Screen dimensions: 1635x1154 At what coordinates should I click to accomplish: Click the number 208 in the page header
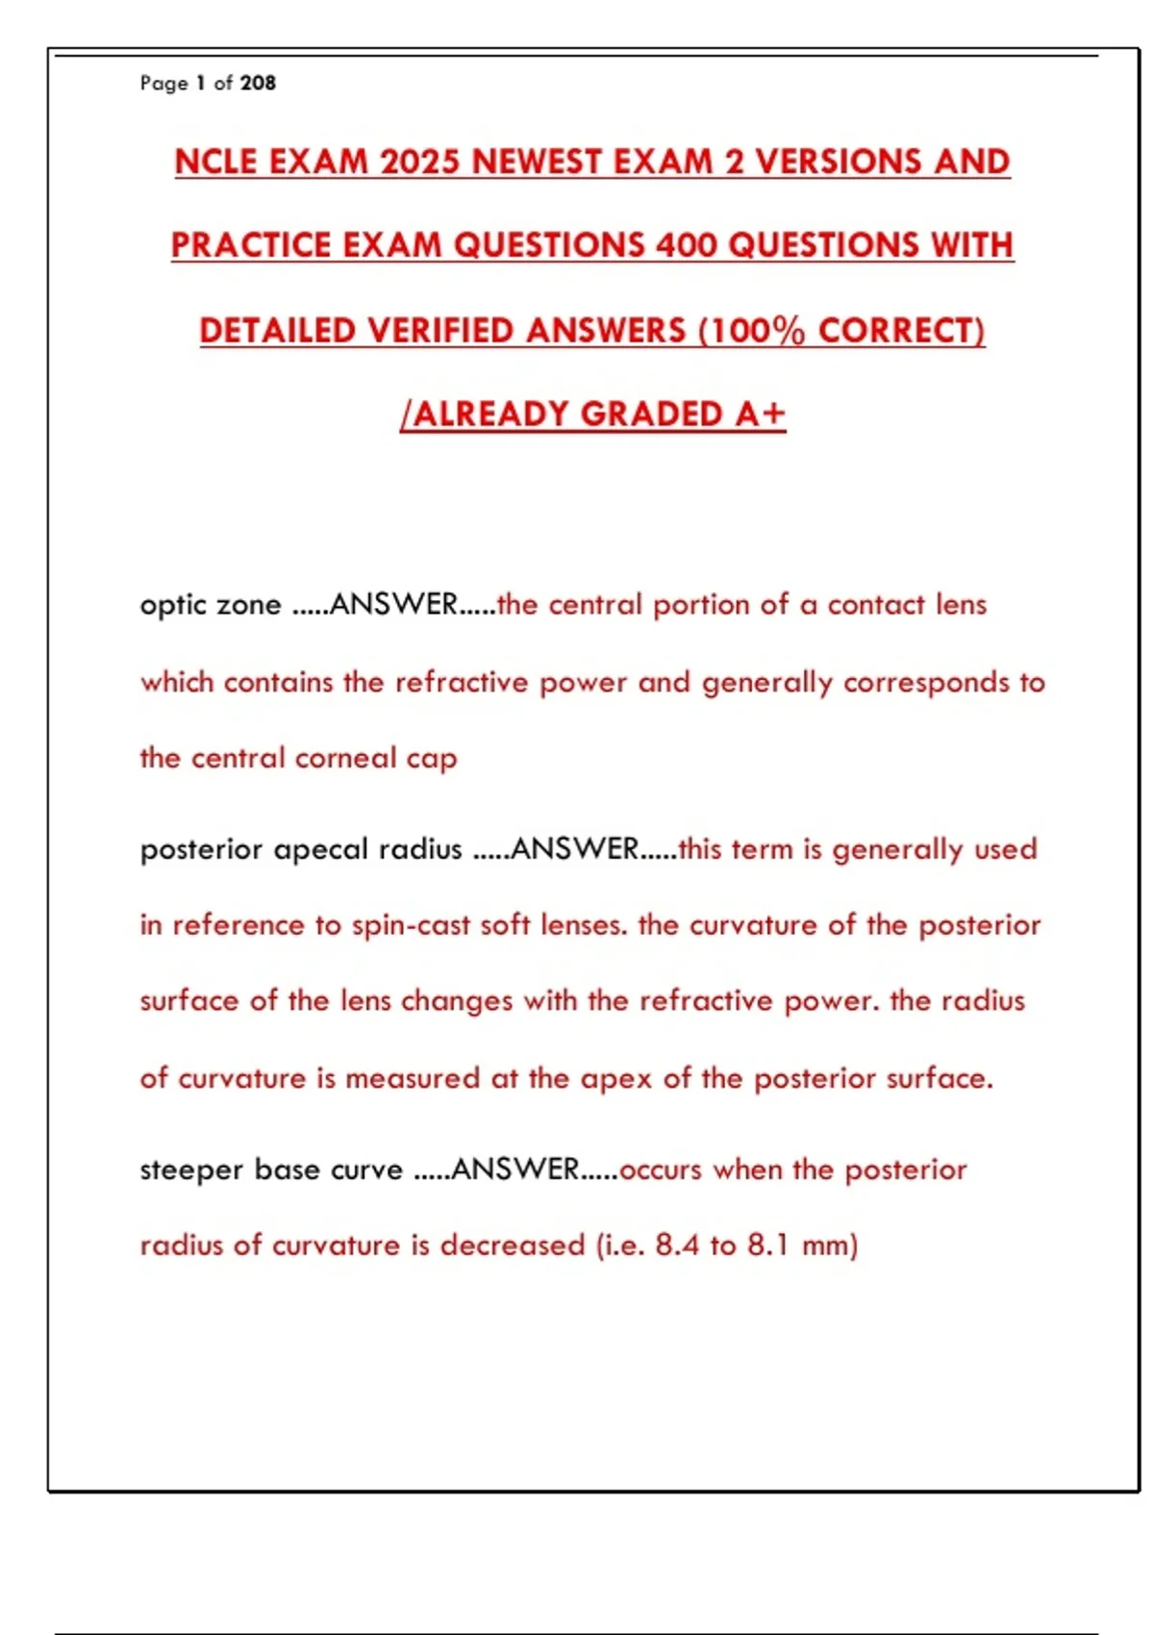tap(258, 84)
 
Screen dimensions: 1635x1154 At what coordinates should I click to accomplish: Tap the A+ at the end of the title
tap(761, 415)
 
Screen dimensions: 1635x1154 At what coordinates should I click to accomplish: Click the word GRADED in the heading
tap(652, 415)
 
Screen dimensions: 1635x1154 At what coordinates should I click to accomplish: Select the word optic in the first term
tap(172, 606)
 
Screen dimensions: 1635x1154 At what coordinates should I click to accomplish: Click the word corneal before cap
tap(345, 759)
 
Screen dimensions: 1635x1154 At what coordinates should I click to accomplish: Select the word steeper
tap(191, 1170)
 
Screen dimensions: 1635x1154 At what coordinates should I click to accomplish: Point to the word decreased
tap(513, 1245)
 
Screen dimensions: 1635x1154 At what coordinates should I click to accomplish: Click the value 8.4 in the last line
tap(677, 1245)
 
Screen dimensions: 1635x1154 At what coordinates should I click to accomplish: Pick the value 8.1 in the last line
tap(768, 1245)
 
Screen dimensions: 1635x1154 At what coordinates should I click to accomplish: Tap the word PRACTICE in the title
tap(251, 245)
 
